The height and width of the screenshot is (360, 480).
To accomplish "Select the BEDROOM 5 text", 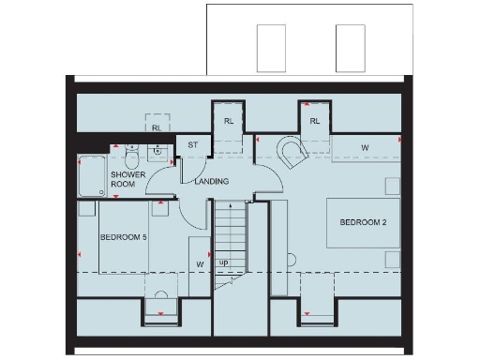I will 124,238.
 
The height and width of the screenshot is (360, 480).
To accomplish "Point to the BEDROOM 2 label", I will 363,223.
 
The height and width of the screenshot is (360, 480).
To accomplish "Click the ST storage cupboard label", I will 193,145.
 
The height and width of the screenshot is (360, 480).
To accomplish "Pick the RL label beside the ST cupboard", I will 228,121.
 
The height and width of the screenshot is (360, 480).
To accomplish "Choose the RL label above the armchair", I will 314,121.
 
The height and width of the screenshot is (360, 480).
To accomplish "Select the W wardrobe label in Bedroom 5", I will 200,263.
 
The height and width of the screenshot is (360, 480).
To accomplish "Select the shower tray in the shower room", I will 93,175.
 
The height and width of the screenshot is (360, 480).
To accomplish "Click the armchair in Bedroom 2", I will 292,153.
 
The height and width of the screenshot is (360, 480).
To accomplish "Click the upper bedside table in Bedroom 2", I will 392,184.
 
